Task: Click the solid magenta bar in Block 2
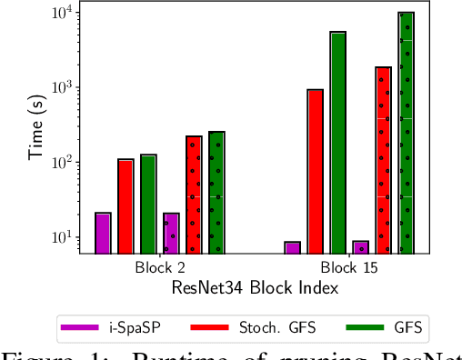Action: click(x=103, y=233)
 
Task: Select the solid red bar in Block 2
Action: click(x=126, y=206)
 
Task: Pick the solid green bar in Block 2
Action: click(x=148, y=204)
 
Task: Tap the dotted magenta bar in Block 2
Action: click(x=171, y=233)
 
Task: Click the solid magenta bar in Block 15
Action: click(x=292, y=247)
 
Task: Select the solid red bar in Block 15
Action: click(x=315, y=171)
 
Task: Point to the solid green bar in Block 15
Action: click(x=337, y=143)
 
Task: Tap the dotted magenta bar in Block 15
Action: click(x=360, y=247)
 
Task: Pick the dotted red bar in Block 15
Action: click(x=383, y=160)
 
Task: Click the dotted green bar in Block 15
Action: click(x=406, y=133)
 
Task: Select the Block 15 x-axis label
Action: click(x=349, y=269)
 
